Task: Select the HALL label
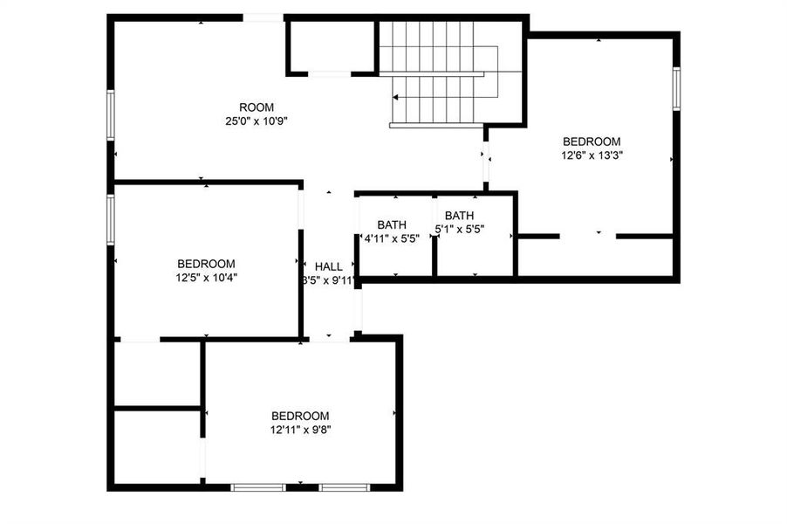329,266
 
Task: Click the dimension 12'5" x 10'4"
206,278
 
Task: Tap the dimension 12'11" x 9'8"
300,430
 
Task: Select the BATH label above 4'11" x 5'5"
392,224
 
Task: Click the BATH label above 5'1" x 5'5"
460,216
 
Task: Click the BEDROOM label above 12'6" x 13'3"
592,141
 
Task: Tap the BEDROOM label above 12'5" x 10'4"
206,264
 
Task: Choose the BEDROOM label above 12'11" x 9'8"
300,416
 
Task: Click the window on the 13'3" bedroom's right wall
676,88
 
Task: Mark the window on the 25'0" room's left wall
111,114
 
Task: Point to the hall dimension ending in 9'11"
328,280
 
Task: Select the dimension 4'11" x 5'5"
397,238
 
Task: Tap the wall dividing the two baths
435,236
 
